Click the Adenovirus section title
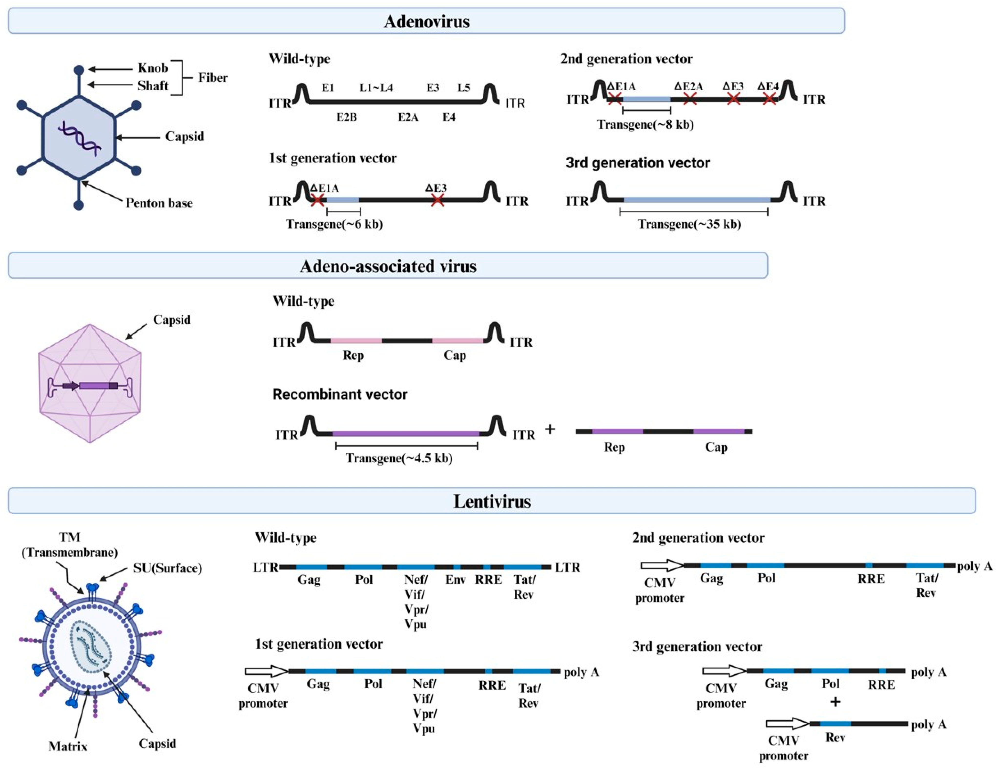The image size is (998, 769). tap(426, 21)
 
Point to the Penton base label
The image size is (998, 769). tap(159, 203)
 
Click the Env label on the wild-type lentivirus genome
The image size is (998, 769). tap(455, 580)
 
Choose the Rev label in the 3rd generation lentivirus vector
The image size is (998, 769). tap(835, 738)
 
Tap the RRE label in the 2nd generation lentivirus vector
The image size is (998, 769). tap(871, 579)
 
